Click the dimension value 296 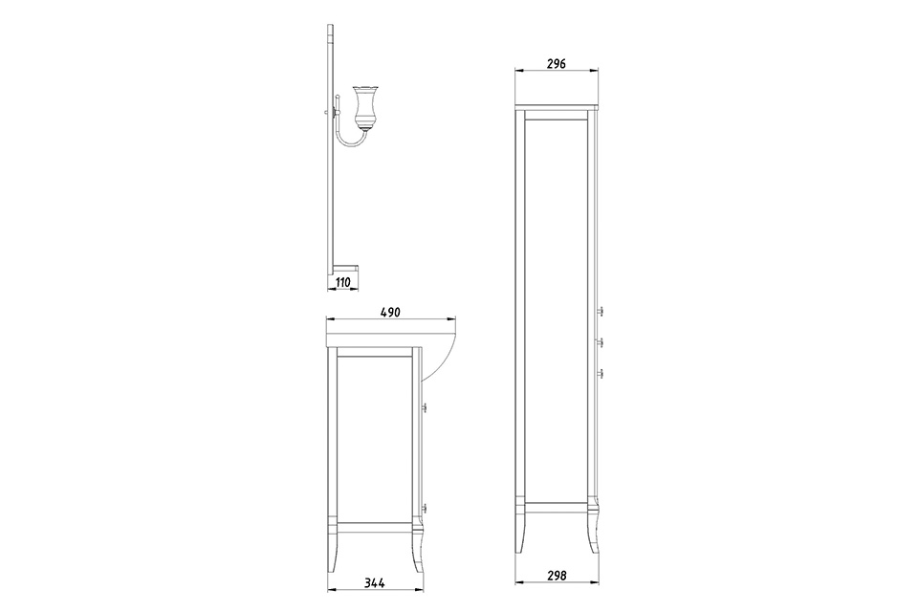click(x=556, y=63)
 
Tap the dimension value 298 click(x=557, y=576)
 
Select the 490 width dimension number click(x=390, y=312)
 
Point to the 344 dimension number click(x=374, y=582)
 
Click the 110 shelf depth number click(x=342, y=282)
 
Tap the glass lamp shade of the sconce click(x=363, y=105)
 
